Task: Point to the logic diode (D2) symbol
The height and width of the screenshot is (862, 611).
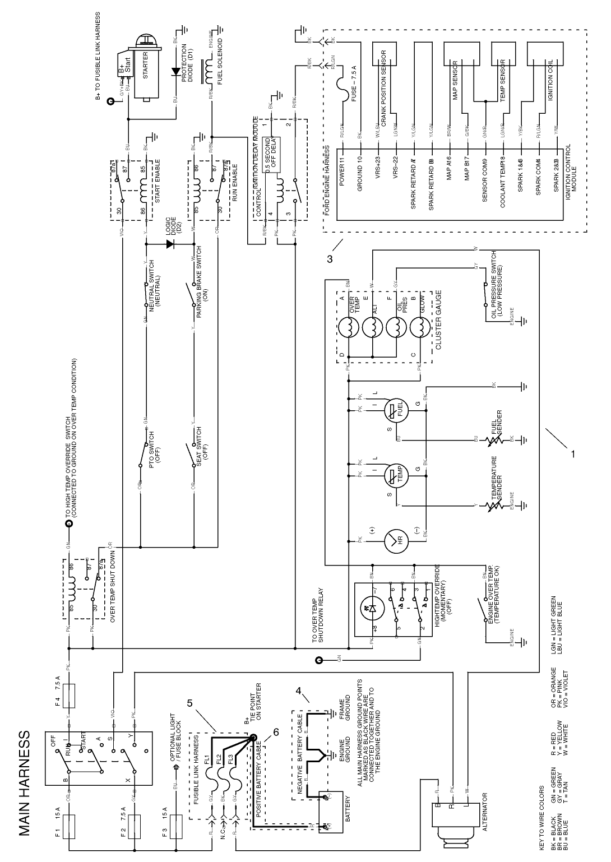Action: coord(169,244)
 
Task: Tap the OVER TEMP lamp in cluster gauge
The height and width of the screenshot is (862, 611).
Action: coord(348,327)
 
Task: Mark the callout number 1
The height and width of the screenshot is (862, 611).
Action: coord(572,455)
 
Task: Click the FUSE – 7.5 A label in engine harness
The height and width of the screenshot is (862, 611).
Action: coord(354,84)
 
